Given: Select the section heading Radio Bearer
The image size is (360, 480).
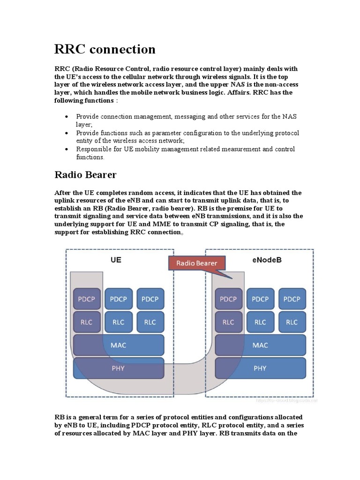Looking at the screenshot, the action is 85,175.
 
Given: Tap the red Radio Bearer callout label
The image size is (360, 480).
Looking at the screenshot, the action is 196,263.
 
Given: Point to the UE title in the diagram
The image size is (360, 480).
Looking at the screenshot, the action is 116,259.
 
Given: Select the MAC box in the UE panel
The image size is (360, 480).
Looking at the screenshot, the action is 118,345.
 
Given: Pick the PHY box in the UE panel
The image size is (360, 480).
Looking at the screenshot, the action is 118,368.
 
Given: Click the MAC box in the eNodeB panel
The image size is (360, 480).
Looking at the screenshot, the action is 260,345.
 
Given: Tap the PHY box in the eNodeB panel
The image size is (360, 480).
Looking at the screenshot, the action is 260,368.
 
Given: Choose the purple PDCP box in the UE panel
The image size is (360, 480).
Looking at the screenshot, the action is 87,299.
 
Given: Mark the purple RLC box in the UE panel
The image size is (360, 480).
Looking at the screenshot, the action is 87,322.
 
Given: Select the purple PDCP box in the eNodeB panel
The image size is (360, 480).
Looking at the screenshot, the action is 228,299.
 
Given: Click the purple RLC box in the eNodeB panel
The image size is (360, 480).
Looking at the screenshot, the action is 228,322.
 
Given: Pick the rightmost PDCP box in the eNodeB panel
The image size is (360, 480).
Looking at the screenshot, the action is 292,299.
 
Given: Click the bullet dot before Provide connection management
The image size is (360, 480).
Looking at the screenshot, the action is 67,116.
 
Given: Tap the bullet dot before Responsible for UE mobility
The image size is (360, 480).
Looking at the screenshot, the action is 67,149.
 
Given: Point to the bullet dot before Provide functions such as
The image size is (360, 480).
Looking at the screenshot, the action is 67,133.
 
